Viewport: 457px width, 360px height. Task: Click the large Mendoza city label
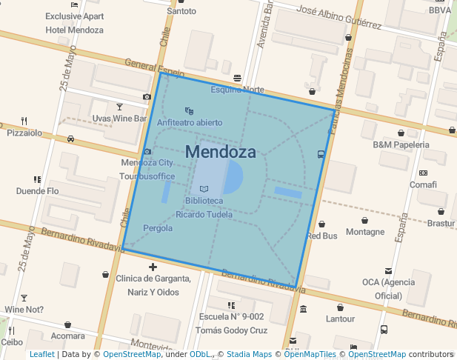pos(220,153)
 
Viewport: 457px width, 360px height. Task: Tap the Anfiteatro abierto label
pos(189,122)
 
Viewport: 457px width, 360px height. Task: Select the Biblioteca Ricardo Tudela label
pos(204,207)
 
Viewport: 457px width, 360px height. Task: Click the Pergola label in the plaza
pos(158,228)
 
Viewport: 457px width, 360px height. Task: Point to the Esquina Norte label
pos(237,90)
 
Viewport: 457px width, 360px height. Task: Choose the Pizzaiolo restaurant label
pos(24,133)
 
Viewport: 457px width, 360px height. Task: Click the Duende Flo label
pos(37,190)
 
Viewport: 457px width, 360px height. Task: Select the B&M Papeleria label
pos(401,144)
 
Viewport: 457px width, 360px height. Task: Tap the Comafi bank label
pos(423,184)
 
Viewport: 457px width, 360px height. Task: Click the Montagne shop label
pos(365,232)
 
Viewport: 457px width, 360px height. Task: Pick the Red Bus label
pos(321,236)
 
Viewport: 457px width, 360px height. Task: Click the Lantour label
pos(340,319)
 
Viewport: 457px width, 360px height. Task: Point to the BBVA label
pos(439,10)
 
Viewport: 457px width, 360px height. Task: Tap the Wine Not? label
pos(24,310)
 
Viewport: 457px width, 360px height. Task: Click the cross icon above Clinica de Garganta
pos(153,267)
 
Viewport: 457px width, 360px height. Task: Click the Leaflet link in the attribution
pos(41,354)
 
